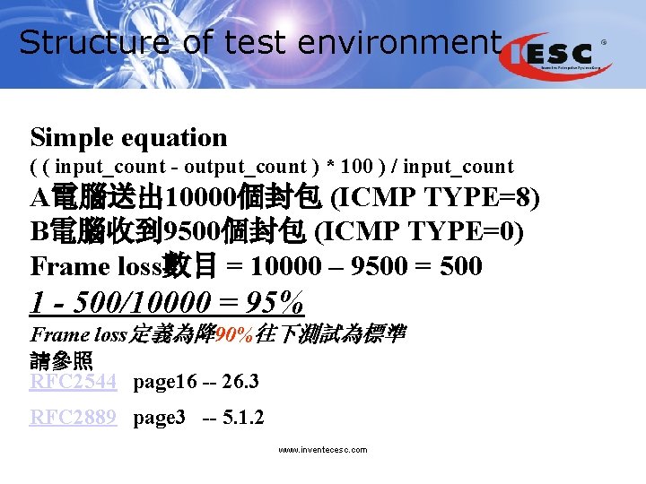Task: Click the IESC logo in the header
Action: coord(558,55)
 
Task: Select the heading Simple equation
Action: coord(128,138)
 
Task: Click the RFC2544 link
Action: coord(74,383)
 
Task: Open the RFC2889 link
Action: coord(74,418)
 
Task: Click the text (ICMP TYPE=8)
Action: coord(437,197)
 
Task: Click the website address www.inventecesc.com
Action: coord(323,450)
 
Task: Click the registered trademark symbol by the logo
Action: coord(603,42)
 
